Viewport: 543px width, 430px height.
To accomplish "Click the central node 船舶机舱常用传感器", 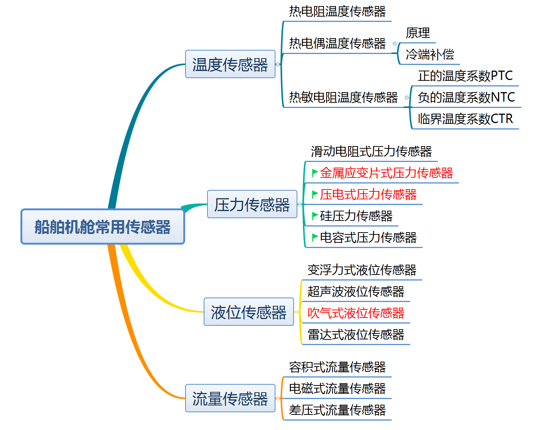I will coord(103,227).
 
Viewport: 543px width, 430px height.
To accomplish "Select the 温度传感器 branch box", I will coord(230,64).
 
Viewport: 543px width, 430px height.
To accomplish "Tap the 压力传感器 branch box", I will coord(252,205).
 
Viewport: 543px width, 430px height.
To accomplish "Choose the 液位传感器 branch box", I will coord(249,312).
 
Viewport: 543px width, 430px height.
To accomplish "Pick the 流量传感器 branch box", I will coord(230,398).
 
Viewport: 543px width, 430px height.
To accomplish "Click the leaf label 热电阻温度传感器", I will coord(337,11).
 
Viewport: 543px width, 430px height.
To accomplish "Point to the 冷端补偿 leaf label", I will coord(430,54).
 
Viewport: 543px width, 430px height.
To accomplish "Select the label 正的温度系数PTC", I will coord(465,76).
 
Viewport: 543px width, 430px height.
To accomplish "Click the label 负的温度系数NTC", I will coord(466,97).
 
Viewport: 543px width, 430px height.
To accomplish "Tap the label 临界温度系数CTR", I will coord(465,119).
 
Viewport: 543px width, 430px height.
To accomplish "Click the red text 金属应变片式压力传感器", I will coord(386,173).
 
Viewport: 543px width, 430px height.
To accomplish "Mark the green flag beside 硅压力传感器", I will coord(314,216).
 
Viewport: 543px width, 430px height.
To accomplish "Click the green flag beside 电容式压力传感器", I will coord(314,237).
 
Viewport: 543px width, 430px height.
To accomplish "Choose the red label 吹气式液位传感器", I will coord(356,313).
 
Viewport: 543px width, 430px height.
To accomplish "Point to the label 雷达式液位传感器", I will coord(356,334).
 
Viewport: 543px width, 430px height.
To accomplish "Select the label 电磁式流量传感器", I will coord(337,388).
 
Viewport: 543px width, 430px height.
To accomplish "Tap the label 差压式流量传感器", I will coord(337,410).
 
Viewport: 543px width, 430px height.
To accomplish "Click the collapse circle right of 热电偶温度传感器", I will coord(395,44).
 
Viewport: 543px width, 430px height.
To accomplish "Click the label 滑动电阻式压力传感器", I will coord(371,151).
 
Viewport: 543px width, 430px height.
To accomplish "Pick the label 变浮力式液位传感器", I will coord(362,270).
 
